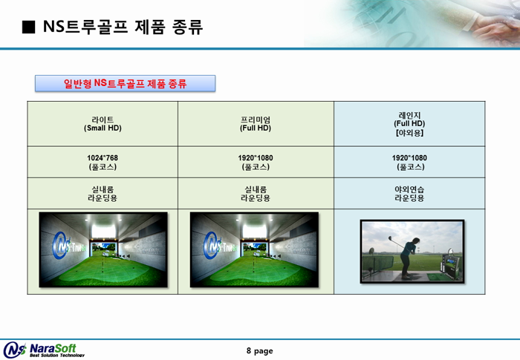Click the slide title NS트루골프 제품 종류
coord(123,27)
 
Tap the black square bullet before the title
coord(28,27)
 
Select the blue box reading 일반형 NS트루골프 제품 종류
coord(125,83)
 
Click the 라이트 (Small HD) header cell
coord(103,124)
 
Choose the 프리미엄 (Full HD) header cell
coord(256,124)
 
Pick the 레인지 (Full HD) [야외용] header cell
coord(409,124)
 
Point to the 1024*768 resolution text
coord(103,158)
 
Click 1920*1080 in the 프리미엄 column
coord(256,158)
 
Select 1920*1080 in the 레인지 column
coord(409,158)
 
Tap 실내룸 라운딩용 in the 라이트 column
coord(103,194)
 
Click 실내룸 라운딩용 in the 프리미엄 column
coord(256,194)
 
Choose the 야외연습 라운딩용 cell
coord(409,194)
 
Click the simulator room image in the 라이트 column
coord(103,249)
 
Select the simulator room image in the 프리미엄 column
coord(254,249)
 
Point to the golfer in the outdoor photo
coord(409,258)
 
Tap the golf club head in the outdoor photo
coord(390,238)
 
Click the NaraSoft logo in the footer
coord(44,350)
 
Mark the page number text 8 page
coord(260,350)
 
